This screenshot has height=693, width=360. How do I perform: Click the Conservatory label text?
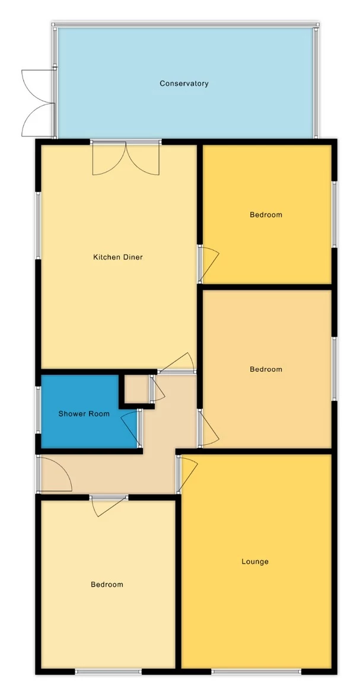[x=184, y=84]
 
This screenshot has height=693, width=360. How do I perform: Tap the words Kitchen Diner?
[x=118, y=257]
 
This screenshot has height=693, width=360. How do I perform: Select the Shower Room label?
[x=84, y=414]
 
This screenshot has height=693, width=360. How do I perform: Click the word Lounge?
[x=255, y=561]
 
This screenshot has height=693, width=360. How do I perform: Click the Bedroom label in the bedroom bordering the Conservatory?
[x=266, y=215]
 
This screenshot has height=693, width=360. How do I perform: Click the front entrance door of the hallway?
[x=53, y=474]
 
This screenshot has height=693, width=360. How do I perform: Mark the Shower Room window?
[x=38, y=410]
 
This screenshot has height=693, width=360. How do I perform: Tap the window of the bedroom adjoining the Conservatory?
[x=334, y=213]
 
